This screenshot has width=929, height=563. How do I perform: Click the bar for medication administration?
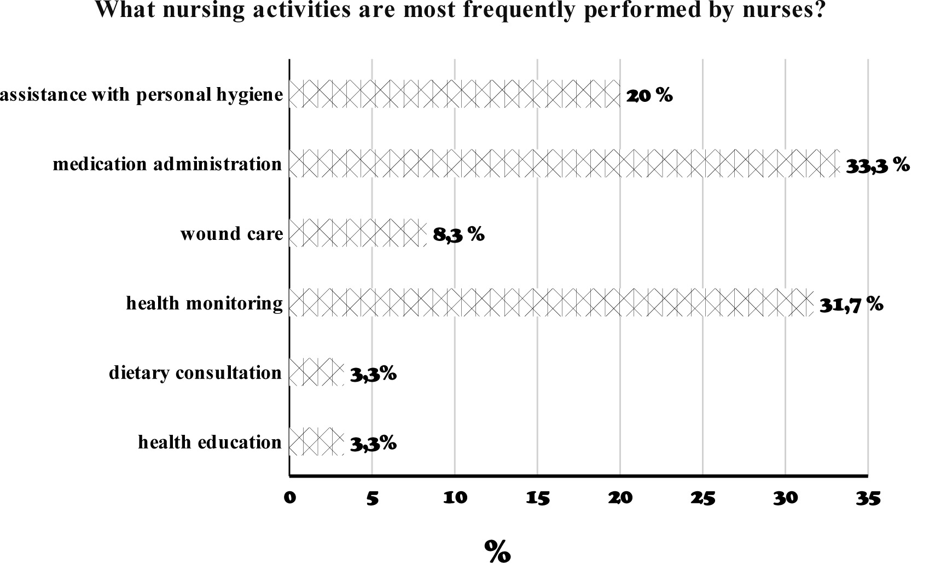click(565, 163)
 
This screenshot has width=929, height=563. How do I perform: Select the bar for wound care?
click(358, 233)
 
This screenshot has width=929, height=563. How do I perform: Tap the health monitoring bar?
click(551, 302)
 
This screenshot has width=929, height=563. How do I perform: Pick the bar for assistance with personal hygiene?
click(455, 94)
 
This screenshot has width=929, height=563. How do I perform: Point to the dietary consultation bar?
click(317, 372)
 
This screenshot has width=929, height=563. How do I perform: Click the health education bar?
click(317, 441)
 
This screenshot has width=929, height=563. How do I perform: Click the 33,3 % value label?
click(878, 165)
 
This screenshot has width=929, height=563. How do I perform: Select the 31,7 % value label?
click(851, 305)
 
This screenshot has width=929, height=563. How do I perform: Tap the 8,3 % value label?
click(458, 235)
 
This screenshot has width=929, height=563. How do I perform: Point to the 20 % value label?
click(649, 96)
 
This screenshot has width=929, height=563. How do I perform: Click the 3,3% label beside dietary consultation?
click(373, 375)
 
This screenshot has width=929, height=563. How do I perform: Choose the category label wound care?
click(232, 234)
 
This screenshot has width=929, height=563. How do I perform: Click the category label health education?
click(210, 442)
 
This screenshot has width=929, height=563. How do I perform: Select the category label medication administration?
click(167, 164)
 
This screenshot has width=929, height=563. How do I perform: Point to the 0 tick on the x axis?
click(290, 497)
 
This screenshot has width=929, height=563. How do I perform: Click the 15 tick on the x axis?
click(537, 497)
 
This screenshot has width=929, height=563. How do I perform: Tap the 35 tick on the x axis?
click(868, 497)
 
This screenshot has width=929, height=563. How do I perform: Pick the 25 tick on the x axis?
click(702, 497)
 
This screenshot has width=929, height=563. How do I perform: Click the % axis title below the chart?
click(497, 551)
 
